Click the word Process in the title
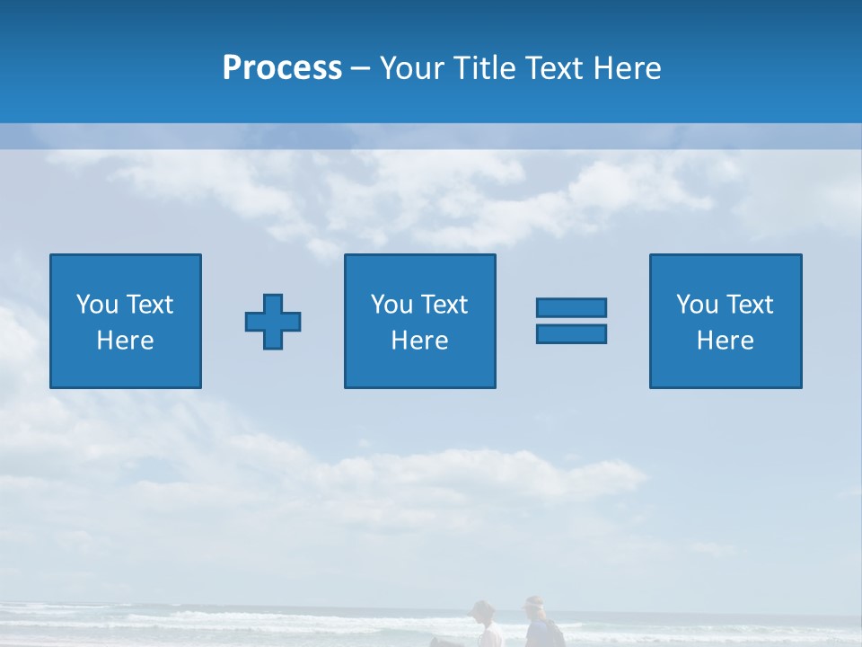pyautogui.click(x=282, y=67)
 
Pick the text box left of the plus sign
pyautogui.click(x=126, y=321)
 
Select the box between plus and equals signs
pyautogui.click(x=419, y=321)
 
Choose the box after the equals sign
pyautogui.click(x=726, y=321)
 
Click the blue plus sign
pyautogui.click(x=273, y=321)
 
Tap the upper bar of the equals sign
pyautogui.click(x=571, y=307)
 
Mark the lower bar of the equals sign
pyautogui.click(x=571, y=334)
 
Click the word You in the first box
pyautogui.click(x=96, y=305)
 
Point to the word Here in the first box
pyautogui.click(x=126, y=341)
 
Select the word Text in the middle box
pyautogui.click(x=444, y=305)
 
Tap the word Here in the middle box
pyautogui.click(x=419, y=341)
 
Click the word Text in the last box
pyautogui.click(x=749, y=305)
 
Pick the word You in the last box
pyautogui.click(x=696, y=305)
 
